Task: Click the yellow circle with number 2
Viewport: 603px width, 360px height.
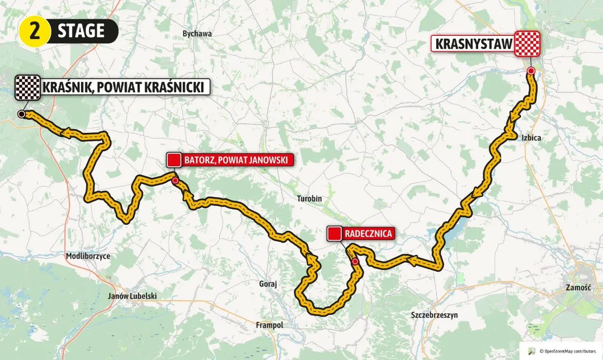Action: click(34, 31)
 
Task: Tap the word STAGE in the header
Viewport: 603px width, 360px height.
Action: click(81, 31)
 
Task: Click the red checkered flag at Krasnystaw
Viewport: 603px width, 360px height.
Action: click(528, 44)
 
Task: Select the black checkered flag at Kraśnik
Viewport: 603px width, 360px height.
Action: click(28, 87)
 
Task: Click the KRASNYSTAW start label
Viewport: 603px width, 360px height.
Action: click(474, 44)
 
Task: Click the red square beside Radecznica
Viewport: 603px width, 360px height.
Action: click(334, 234)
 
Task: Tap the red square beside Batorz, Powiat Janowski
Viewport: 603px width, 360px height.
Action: click(174, 160)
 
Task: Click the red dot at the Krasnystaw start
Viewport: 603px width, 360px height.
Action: click(531, 70)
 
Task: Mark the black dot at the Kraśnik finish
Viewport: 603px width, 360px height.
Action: click(21, 114)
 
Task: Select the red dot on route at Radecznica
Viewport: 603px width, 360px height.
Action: click(355, 262)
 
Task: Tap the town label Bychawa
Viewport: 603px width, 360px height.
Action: click(197, 34)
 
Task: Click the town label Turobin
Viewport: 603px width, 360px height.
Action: click(309, 198)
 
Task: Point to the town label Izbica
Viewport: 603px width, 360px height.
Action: click(531, 138)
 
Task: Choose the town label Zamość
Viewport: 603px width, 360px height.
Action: click(578, 287)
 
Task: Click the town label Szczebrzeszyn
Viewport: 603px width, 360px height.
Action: click(434, 314)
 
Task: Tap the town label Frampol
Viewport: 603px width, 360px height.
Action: click(269, 325)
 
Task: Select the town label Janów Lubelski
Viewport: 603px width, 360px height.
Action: click(132, 296)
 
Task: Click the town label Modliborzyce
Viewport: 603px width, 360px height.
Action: click(88, 256)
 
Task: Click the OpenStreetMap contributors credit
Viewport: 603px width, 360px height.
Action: click(568, 351)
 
